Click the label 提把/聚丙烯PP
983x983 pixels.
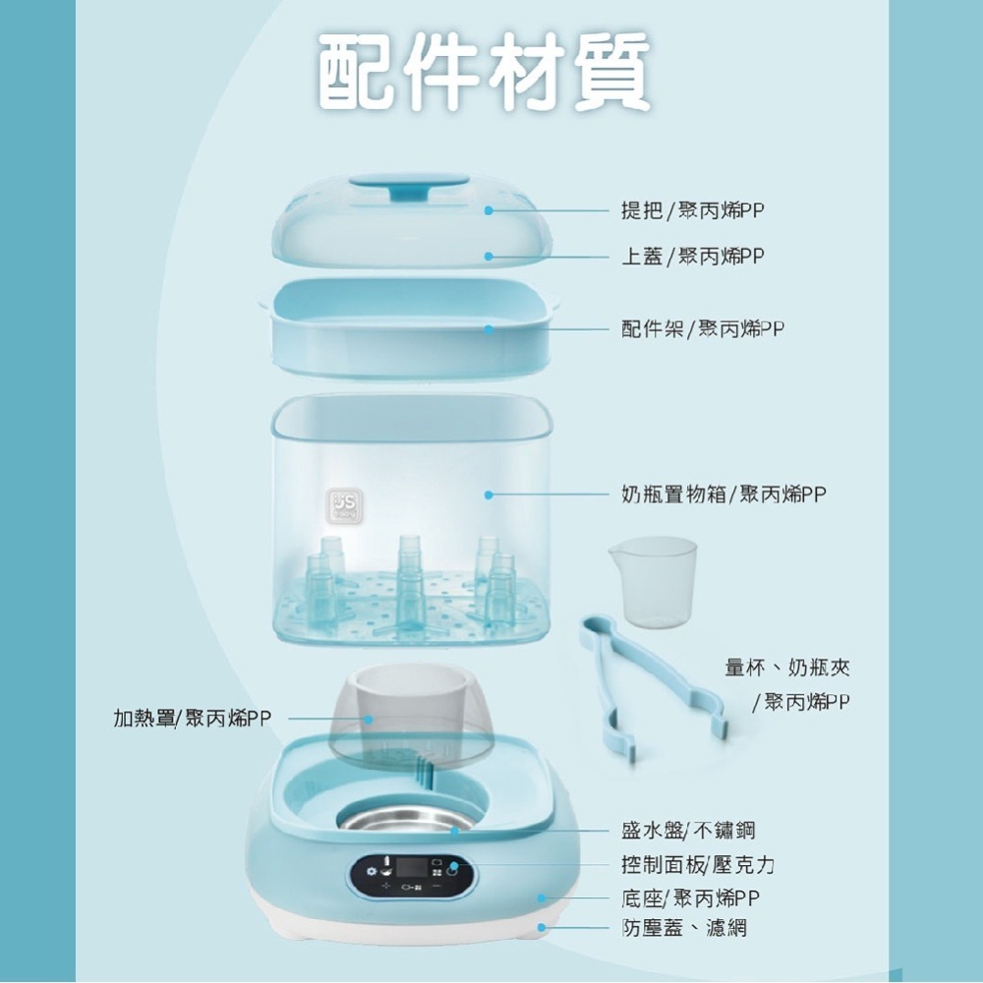click(693, 210)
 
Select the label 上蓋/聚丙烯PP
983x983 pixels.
click(693, 257)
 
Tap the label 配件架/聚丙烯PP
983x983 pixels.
click(703, 328)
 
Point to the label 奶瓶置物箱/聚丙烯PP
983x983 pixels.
click(723, 494)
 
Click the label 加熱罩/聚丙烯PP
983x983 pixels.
click(192, 719)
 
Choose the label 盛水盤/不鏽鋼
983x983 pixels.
click(688, 830)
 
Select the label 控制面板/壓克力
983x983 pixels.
click(698, 865)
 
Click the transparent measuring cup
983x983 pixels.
click(652, 580)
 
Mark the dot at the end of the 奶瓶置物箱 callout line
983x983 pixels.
click(489, 495)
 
